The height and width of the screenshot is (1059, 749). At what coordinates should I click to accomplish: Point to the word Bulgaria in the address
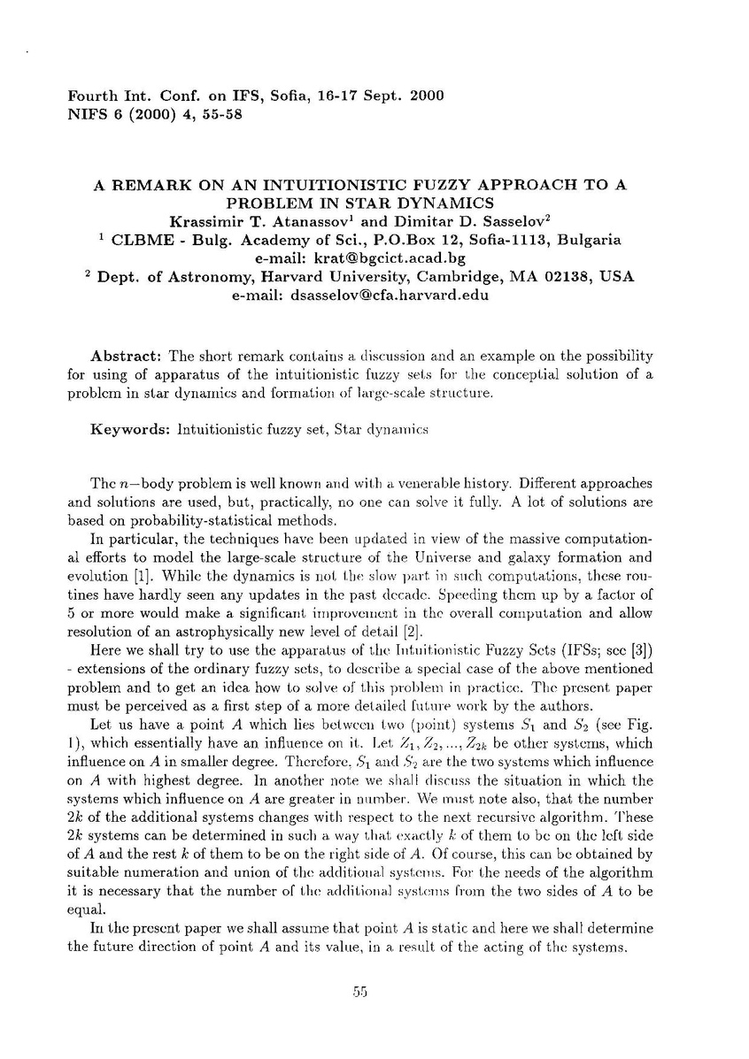[x=590, y=240]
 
